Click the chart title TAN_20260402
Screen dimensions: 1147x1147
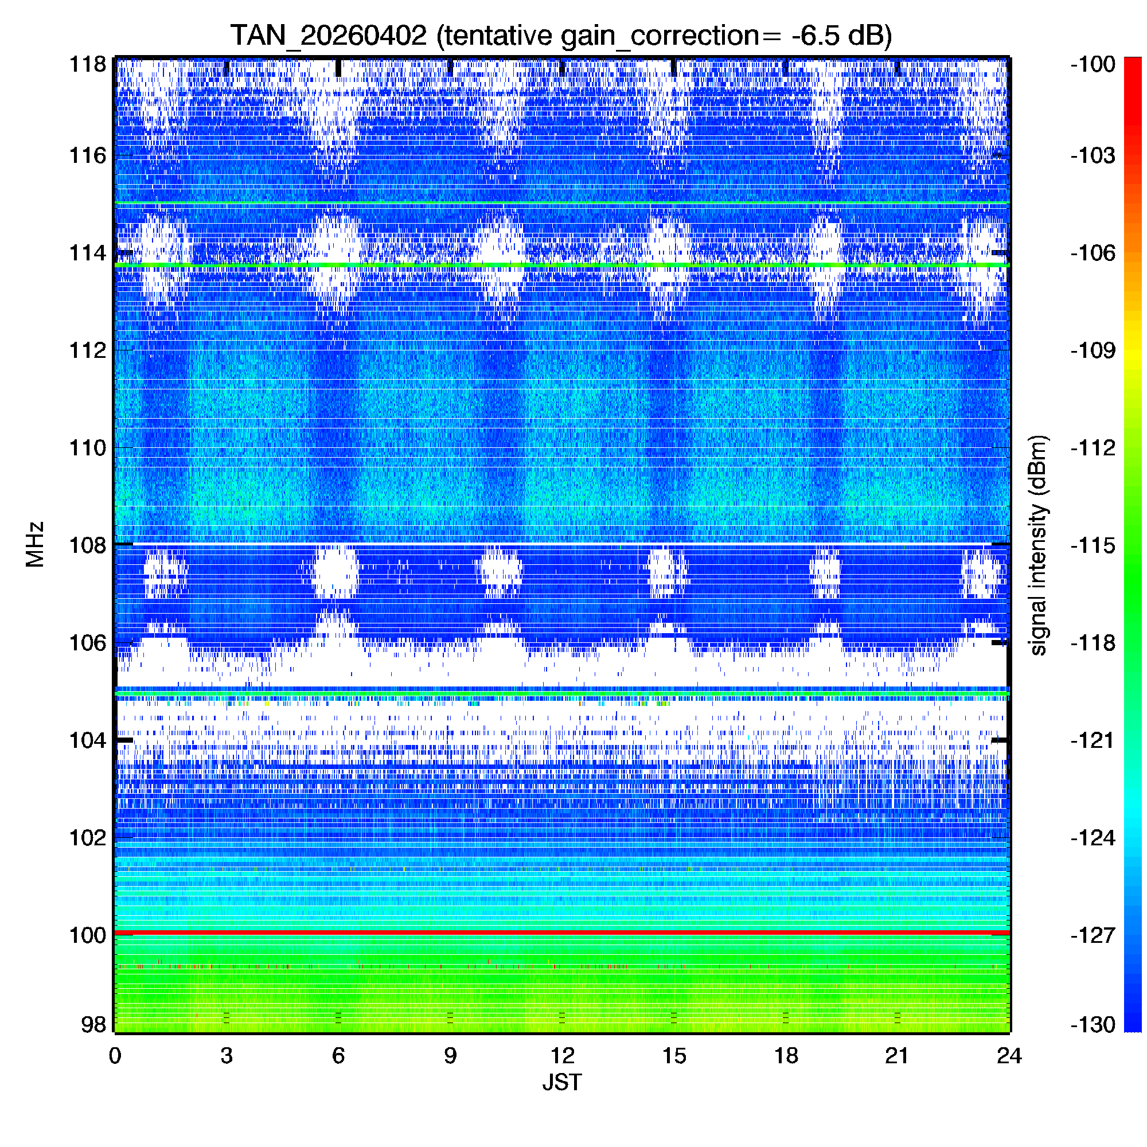point(328,36)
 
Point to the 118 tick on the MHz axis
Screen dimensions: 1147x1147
point(88,64)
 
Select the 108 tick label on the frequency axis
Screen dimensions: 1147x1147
point(88,545)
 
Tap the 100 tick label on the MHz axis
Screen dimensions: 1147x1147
point(88,935)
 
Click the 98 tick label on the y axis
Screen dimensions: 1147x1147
point(94,1025)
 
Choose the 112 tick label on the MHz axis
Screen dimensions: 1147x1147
point(88,350)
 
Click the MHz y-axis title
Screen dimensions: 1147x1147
point(35,544)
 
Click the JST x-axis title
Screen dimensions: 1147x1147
point(561,1082)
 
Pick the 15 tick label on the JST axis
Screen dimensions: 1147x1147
point(674,1056)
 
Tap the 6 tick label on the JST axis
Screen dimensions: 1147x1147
point(338,1056)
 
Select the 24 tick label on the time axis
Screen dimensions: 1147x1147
point(1009,1056)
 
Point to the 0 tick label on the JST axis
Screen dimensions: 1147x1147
point(115,1056)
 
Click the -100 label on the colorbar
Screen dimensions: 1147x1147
point(1093,64)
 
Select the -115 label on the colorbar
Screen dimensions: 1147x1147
point(1093,545)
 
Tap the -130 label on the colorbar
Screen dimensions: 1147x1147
point(1093,1025)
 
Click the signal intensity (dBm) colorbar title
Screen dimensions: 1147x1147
point(1039,545)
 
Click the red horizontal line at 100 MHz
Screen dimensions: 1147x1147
point(561,933)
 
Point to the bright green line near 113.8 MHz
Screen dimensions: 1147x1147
point(561,265)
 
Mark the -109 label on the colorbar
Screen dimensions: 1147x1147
point(1093,350)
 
